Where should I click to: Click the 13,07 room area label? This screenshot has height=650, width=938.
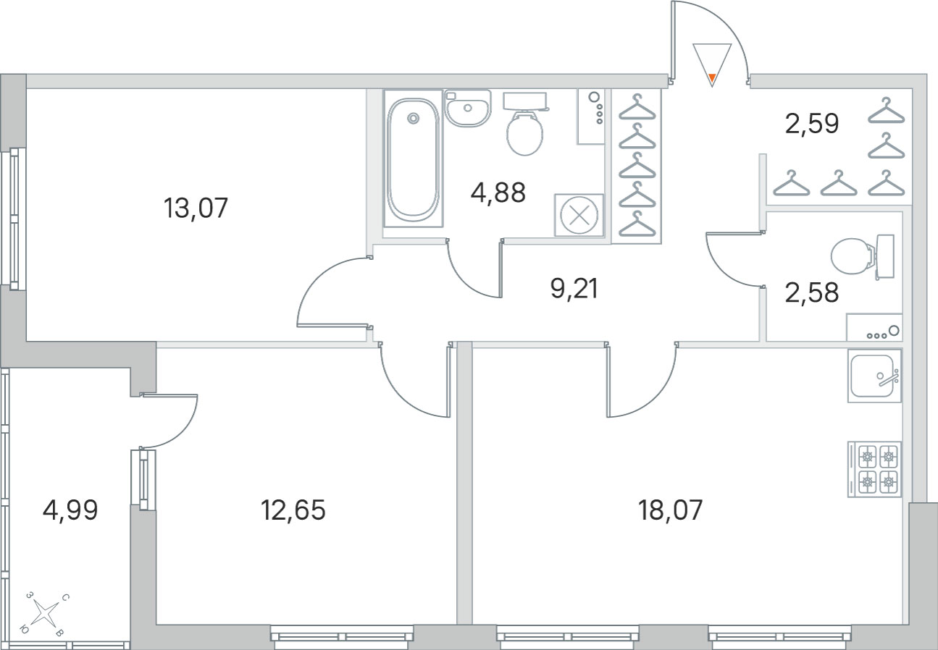pyautogui.click(x=196, y=208)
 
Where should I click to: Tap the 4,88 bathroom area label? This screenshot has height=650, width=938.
pyautogui.click(x=498, y=193)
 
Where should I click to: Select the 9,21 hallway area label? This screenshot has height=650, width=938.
pyautogui.click(x=574, y=289)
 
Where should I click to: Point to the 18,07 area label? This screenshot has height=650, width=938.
pyautogui.click(x=670, y=510)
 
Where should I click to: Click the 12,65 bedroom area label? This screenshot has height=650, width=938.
pyautogui.click(x=293, y=510)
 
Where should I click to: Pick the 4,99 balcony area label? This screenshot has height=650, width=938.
pyautogui.click(x=70, y=510)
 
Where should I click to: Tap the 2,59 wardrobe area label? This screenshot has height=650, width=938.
pyautogui.click(x=811, y=124)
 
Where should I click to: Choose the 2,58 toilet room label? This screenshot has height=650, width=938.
pyautogui.click(x=811, y=292)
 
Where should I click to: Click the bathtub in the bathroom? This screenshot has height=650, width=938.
pyautogui.click(x=414, y=159)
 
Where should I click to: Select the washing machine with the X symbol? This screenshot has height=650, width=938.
pyautogui.click(x=579, y=216)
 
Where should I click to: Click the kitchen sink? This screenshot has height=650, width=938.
pyautogui.click(x=874, y=376)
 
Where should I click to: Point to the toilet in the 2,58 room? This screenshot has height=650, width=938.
pyautogui.click(x=863, y=256)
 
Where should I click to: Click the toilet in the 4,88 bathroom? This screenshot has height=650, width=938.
pyautogui.click(x=524, y=124)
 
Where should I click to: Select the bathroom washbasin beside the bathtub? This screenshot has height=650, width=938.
pyautogui.click(x=468, y=108)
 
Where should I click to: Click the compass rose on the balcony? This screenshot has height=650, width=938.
pyautogui.click(x=45, y=614)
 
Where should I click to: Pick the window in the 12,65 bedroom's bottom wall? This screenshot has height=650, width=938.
pyautogui.click(x=342, y=638)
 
